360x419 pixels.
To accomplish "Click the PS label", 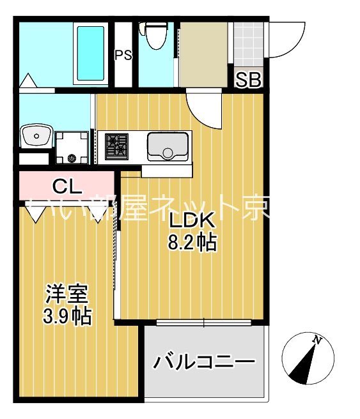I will [x=123, y=55].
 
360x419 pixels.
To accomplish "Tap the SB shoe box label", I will [x=249, y=80].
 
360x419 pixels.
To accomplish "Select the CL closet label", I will [x=67, y=187].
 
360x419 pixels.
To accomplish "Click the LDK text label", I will [x=191, y=220].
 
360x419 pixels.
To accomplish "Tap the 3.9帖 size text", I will [x=67, y=316].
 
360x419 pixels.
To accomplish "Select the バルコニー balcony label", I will [x=203, y=362].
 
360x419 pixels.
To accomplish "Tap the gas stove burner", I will [x=116, y=146].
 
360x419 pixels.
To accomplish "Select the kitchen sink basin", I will [x=167, y=146].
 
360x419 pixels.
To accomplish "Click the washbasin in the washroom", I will [x=36, y=135].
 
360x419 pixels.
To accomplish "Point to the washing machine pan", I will [x=71, y=147].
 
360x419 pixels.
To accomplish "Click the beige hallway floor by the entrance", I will [x=203, y=54].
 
